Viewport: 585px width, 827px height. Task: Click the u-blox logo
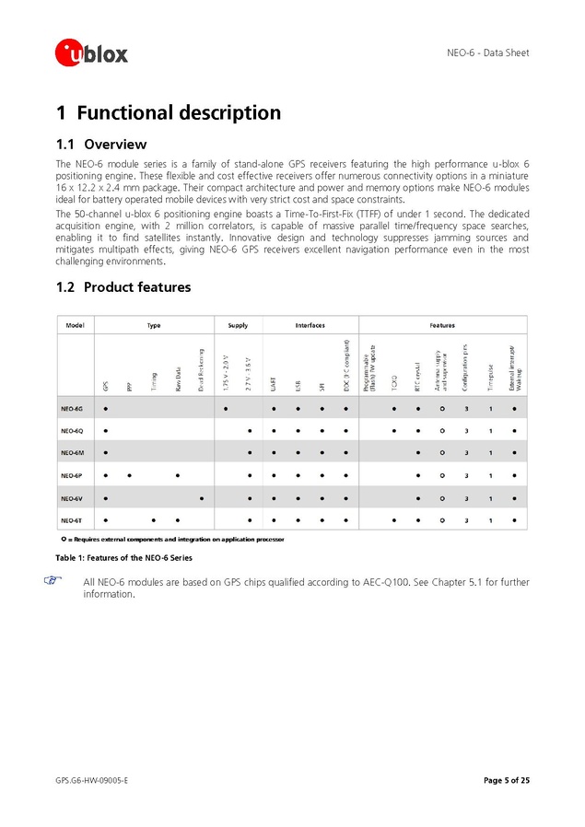[x=91, y=52]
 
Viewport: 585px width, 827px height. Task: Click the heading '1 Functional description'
[x=169, y=113]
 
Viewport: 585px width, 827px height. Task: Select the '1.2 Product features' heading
[x=123, y=287]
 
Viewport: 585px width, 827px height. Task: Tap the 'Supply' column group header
[x=238, y=325]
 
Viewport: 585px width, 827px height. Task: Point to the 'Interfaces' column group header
[x=310, y=325]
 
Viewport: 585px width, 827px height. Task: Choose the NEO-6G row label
[x=73, y=408]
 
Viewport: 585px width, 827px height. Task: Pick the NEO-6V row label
[x=73, y=498]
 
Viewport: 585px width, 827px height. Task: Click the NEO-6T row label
[x=73, y=520]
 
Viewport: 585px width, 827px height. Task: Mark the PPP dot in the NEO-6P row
[x=130, y=475]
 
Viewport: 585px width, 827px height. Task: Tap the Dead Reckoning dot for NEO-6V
[x=201, y=498]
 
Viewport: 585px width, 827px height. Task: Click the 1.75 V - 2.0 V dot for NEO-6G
[x=226, y=408]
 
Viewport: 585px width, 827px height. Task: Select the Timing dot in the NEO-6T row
[x=154, y=520]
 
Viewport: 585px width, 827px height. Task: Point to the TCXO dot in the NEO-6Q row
[x=394, y=430]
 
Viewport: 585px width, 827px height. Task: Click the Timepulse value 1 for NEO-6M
[x=491, y=453]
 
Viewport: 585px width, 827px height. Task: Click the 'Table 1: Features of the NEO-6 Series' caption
[x=124, y=559]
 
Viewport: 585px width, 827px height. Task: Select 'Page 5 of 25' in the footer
[x=506, y=781]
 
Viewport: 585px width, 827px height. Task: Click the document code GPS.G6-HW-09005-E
[x=91, y=781]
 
